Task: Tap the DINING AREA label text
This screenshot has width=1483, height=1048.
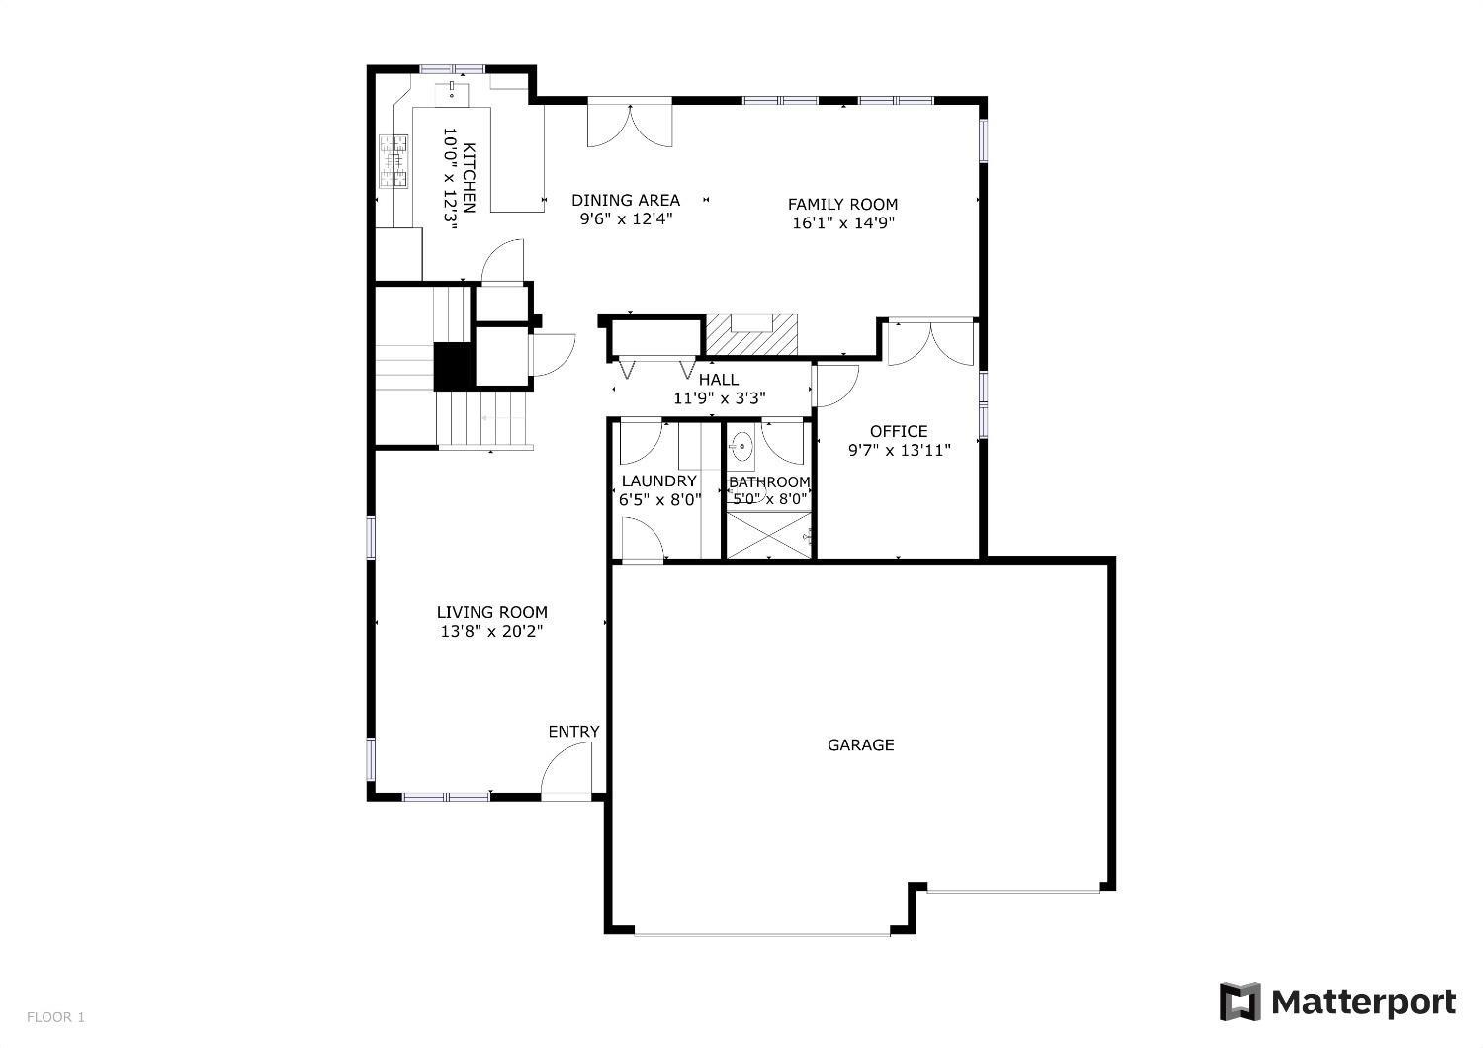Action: (626, 200)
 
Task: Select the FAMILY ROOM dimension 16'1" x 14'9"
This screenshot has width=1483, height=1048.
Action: (842, 223)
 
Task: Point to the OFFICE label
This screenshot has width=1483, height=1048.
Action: (899, 431)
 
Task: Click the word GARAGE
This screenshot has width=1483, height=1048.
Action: (860, 744)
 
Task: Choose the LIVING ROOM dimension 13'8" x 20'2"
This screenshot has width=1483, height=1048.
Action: (491, 631)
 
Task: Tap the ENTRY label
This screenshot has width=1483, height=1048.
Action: (573, 732)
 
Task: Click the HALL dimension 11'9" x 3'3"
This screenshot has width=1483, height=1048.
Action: (719, 398)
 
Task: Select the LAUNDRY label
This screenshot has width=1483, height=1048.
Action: (658, 481)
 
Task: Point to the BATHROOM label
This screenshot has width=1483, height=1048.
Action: (769, 482)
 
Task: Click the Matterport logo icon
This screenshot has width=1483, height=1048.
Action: (1240, 1002)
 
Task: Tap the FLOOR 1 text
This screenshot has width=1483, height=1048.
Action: (55, 1017)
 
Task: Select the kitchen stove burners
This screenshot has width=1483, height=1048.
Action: (393, 160)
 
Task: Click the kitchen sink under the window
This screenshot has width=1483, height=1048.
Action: (453, 91)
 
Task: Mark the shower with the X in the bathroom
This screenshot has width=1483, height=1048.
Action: (767, 535)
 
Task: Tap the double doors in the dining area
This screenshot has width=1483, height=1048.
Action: (630, 125)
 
